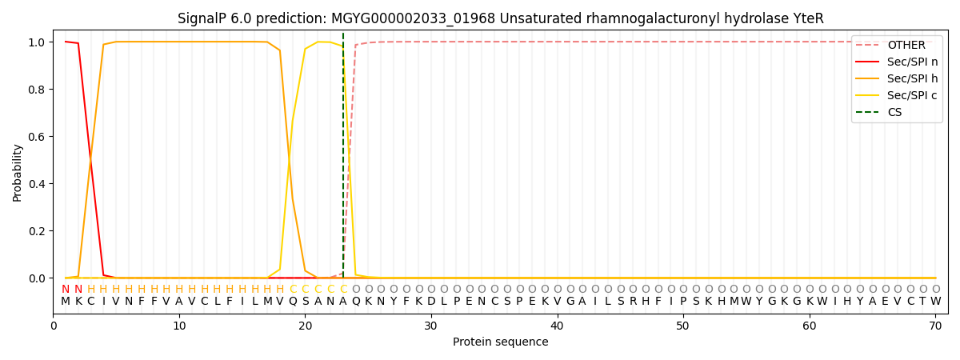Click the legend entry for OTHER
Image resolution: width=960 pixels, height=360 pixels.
[906, 45]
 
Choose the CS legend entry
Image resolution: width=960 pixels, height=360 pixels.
[894, 112]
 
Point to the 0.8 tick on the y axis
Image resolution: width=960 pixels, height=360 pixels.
[38, 90]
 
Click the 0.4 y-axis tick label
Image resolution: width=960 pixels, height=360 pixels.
[38, 184]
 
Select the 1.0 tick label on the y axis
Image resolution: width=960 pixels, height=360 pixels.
[38, 42]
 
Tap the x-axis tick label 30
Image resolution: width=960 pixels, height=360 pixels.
[431, 326]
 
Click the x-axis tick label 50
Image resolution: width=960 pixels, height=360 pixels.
[682, 326]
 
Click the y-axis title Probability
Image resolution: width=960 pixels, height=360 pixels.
[18, 172]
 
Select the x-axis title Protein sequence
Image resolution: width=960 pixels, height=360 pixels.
[500, 342]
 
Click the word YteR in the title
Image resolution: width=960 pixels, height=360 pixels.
[807, 18]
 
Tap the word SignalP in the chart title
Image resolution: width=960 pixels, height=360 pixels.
[204, 18]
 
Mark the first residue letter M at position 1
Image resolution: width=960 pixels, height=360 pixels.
[66, 302]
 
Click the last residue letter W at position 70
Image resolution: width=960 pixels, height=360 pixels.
[935, 302]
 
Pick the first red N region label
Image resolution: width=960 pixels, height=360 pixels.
[66, 290]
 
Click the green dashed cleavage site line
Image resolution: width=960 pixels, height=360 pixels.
[343, 160]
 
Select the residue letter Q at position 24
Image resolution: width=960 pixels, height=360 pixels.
[355, 302]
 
